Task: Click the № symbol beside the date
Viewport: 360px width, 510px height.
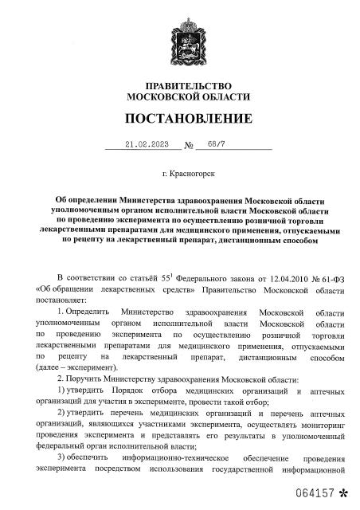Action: (x=190, y=147)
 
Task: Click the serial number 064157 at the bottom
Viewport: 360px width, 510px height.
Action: (x=314, y=494)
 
